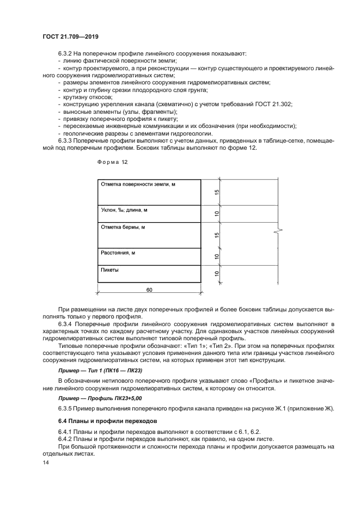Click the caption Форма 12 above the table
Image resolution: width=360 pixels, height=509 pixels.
point(112,162)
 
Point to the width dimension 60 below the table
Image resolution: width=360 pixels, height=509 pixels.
point(149,289)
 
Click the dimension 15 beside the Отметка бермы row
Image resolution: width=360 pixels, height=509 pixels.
point(216,235)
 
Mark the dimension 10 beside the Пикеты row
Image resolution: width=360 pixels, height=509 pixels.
point(216,274)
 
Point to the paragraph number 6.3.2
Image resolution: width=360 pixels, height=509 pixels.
point(66,53)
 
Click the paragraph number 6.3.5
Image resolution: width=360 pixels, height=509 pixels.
point(66,409)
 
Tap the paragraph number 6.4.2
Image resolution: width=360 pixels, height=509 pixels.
point(66,440)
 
